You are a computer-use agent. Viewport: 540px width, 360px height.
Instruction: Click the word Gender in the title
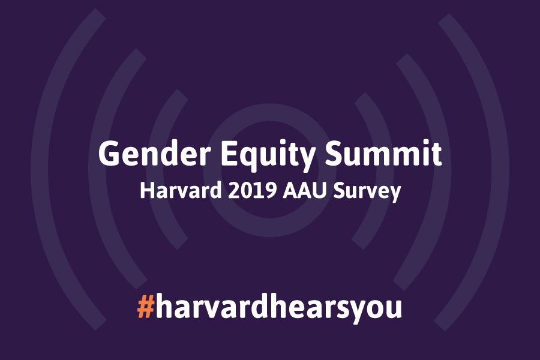click(155, 154)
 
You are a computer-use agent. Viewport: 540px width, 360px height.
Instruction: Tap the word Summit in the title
click(383, 154)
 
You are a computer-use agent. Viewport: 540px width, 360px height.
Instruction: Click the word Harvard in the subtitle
click(181, 191)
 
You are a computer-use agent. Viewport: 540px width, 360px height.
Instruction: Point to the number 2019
click(253, 191)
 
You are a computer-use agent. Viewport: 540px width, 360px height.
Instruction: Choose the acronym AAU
click(304, 191)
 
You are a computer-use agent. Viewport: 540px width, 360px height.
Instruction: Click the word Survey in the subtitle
click(367, 192)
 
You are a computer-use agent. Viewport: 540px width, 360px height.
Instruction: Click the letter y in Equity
click(305, 160)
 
